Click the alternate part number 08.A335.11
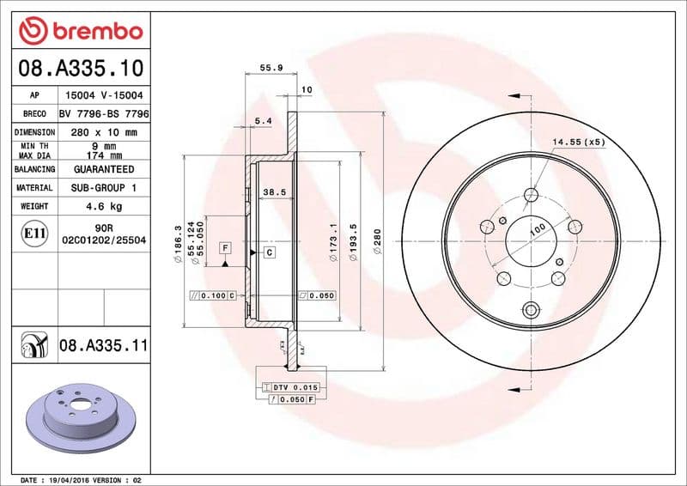(x=104, y=346)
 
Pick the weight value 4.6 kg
(x=104, y=206)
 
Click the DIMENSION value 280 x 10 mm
(x=104, y=132)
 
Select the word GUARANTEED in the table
(x=104, y=169)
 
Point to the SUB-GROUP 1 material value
(x=104, y=187)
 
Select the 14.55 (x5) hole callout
(x=578, y=141)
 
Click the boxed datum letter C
(x=269, y=252)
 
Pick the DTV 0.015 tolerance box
(x=292, y=387)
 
